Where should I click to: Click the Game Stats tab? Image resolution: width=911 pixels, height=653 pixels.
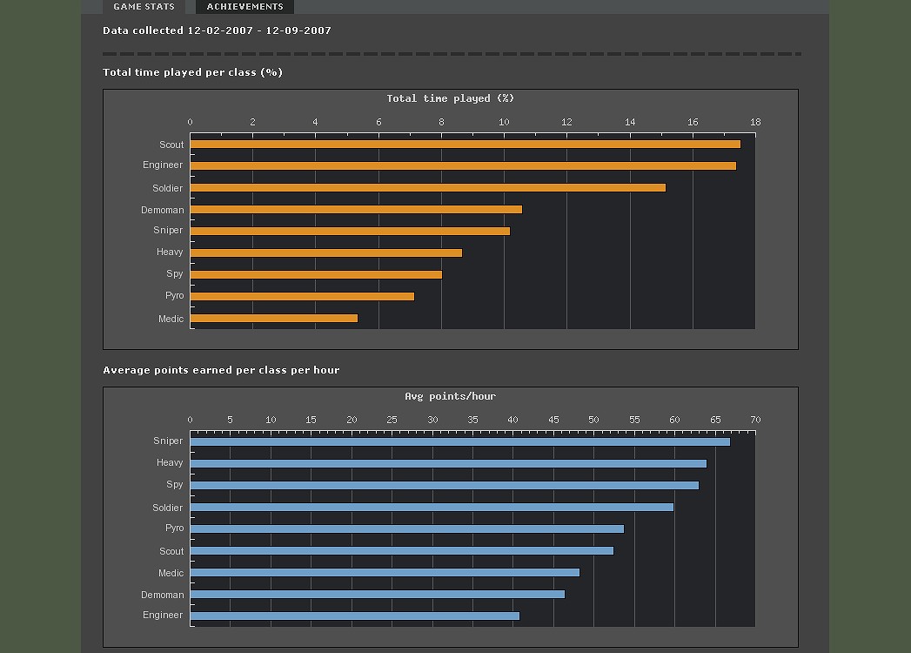click(144, 7)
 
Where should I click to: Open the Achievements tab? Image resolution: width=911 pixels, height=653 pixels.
click(244, 7)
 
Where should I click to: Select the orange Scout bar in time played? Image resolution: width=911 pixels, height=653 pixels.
click(465, 145)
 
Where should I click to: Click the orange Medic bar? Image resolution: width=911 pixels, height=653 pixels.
click(273, 319)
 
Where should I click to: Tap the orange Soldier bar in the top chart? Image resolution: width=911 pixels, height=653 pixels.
click(427, 188)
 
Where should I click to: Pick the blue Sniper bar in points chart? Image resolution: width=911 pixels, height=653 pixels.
click(459, 441)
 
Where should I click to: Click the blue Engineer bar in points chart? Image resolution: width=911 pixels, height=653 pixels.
click(354, 616)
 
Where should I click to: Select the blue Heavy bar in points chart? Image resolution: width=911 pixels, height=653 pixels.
click(448, 463)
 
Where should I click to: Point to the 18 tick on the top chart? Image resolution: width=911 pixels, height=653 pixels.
click(755, 122)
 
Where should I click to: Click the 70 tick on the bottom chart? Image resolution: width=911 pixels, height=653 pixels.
click(755, 420)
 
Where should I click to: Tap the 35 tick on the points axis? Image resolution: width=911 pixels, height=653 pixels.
click(472, 420)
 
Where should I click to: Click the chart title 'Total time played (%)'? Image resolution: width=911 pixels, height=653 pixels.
click(451, 98)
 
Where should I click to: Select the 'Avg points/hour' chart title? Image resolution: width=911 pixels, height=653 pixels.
click(450, 396)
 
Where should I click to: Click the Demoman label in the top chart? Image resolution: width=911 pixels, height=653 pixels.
click(163, 210)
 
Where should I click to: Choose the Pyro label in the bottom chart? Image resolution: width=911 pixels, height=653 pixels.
click(174, 528)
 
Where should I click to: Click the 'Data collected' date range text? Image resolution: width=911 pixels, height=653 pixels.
click(217, 30)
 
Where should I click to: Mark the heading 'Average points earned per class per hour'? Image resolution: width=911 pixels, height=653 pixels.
click(221, 370)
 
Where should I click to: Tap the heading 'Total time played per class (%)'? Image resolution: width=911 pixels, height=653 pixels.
click(192, 72)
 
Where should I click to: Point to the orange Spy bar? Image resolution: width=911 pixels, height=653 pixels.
click(316, 275)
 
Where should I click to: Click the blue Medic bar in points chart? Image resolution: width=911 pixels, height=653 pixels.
click(385, 572)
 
